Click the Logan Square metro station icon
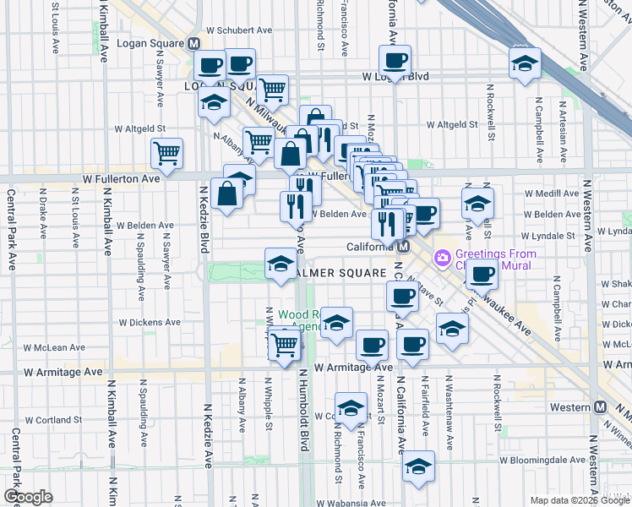(x=194, y=44)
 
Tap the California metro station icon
(x=404, y=248)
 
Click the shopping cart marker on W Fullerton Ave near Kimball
(x=167, y=154)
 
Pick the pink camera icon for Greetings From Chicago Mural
(x=441, y=256)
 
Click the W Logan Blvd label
(x=395, y=76)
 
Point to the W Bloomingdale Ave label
(x=542, y=461)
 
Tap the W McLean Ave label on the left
(x=55, y=347)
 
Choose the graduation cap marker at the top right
(x=525, y=63)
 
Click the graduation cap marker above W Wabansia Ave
(x=418, y=466)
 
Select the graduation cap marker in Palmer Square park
(x=280, y=264)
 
